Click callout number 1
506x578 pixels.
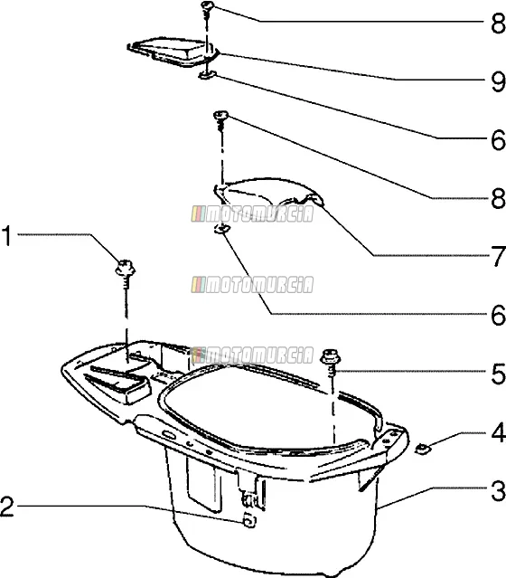pos(6,236)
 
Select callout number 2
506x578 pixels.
pos(7,507)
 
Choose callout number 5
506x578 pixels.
pos(499,374)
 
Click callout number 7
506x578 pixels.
pos(499,256)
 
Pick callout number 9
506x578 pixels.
pos(499,81)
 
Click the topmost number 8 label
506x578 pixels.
pos(499,24)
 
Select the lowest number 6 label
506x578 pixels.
pos(499,315)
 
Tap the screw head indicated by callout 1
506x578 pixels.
pos(126,268)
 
